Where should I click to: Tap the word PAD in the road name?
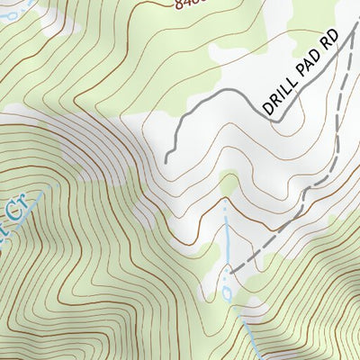click(x=304, y=74)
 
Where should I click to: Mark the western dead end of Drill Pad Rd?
click(x=166, y=161)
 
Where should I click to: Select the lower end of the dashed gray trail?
click(x=230, y=269)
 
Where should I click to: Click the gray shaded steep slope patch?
click(x=99, y=144)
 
